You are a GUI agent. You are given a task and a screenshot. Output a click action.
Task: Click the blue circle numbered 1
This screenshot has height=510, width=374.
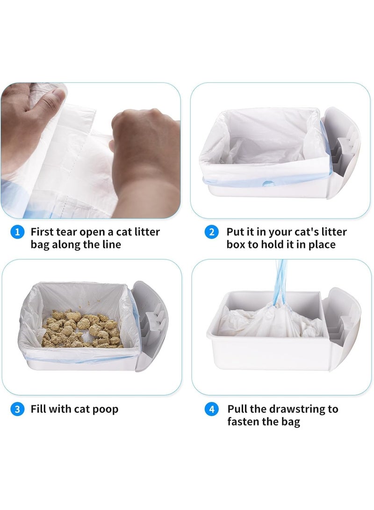17,232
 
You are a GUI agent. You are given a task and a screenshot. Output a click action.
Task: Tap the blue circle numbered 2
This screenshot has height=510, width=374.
212,232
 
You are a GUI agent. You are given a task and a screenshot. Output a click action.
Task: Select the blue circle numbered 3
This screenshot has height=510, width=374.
17,409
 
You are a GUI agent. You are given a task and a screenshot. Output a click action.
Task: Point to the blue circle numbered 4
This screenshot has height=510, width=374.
212,409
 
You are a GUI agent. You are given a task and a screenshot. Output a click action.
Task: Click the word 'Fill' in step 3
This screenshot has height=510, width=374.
39,409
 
